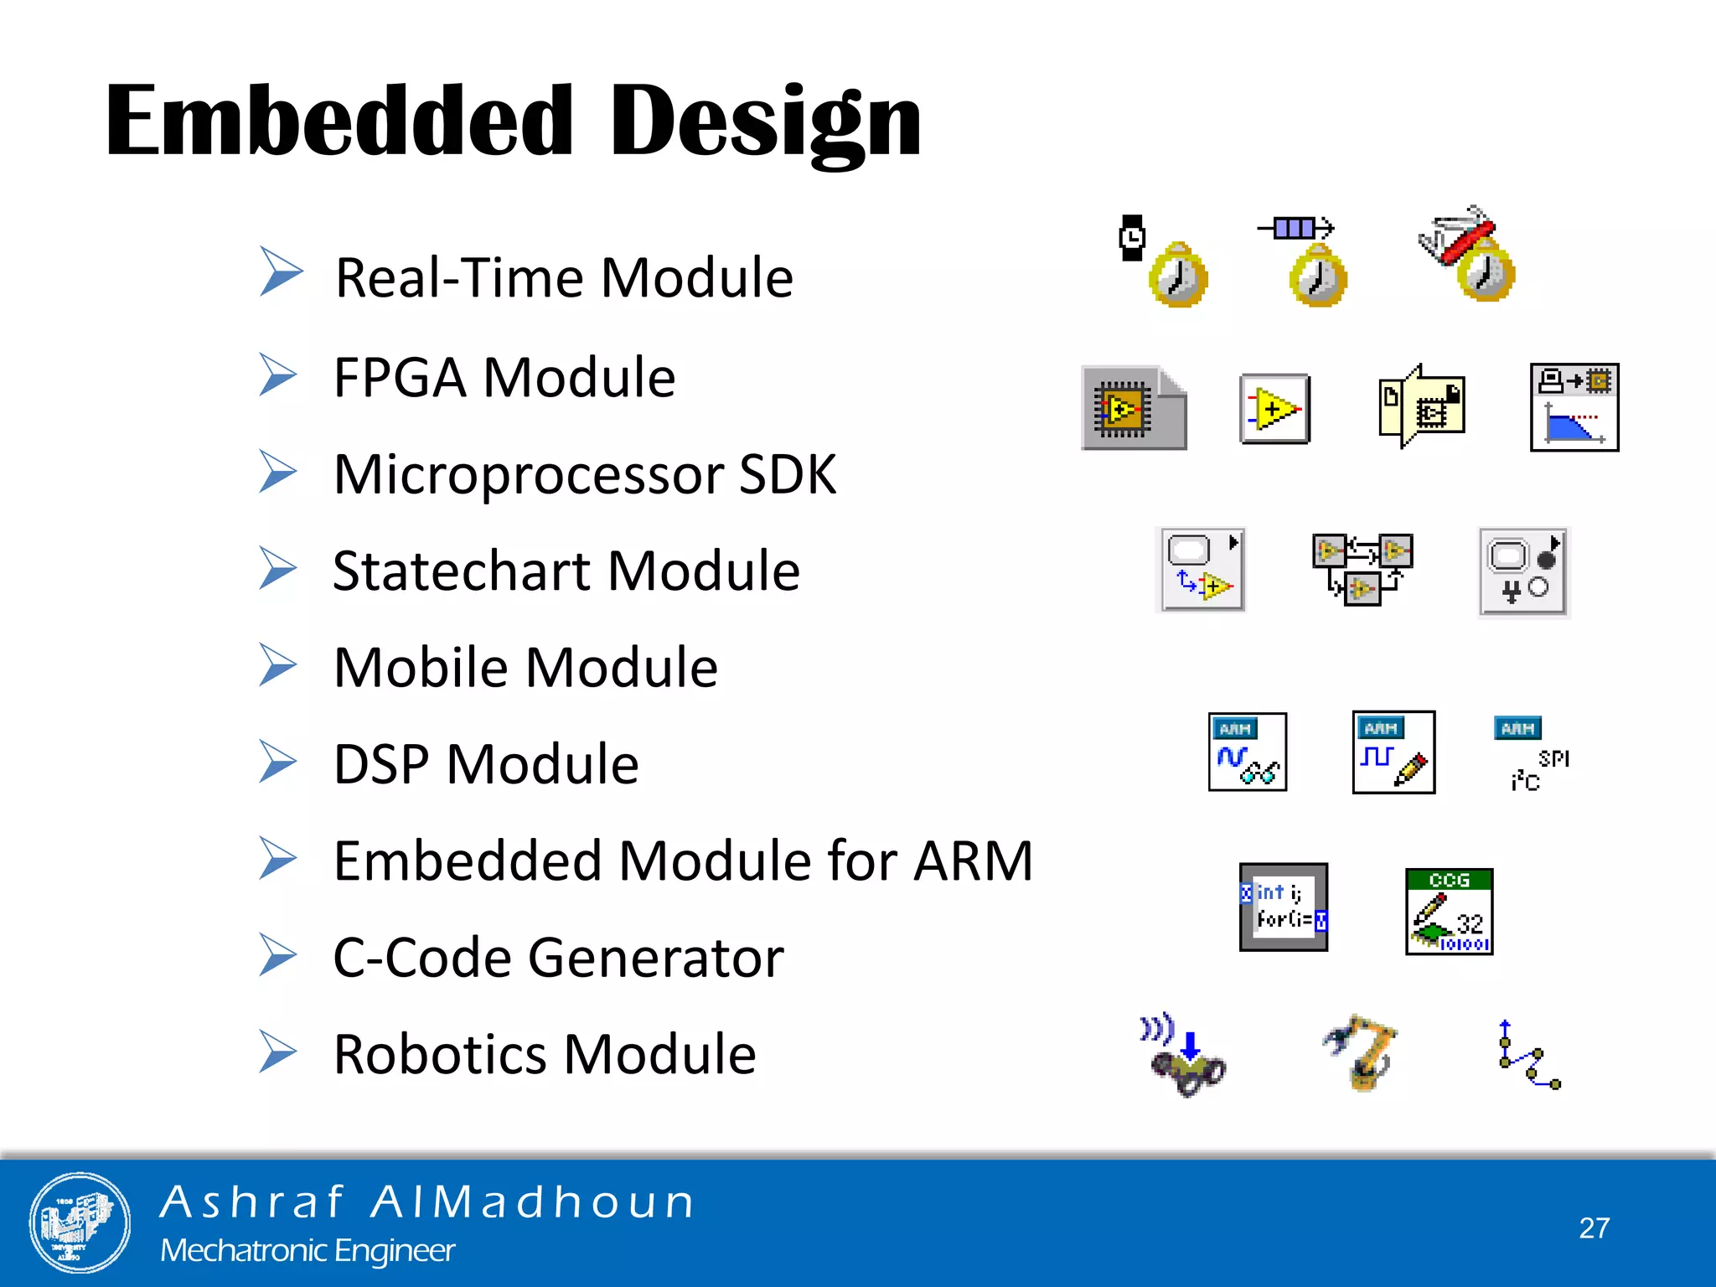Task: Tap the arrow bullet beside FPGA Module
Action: click(277, 375)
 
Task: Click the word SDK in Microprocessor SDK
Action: click(787, 475)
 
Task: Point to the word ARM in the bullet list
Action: click(973, 861)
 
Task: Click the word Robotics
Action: click(438, 1054)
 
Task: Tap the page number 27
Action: click(1594, 1228)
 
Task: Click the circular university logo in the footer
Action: click(80, 1222)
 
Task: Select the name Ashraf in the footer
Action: click(252, 1202)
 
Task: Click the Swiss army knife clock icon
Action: click(1468, 254)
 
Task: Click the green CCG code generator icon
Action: click(1449, 912)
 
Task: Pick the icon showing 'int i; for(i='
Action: click(1283, 907)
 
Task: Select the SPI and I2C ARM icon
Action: click(1531, 753)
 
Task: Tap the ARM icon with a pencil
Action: click(1393, 752)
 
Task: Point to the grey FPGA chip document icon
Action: click(1133, 408)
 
